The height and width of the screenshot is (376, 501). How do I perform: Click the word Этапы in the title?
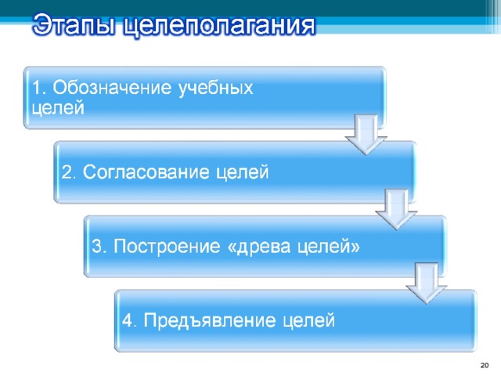[74, 25]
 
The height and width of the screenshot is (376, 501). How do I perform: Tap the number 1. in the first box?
[39, 88]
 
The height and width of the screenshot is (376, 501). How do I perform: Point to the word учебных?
[216, 89]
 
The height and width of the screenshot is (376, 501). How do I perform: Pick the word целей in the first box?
[58, 108]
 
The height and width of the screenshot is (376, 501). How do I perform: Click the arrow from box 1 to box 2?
[366, 135]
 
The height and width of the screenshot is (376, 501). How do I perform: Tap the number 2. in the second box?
[69, 172]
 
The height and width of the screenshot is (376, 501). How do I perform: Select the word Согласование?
[146, 172]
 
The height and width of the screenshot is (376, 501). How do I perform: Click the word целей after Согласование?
[243, 172]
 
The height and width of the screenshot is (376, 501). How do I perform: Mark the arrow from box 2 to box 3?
[397, 209]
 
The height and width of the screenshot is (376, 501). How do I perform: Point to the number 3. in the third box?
[99, 247]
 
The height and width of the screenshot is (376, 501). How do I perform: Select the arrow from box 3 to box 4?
[427, 284]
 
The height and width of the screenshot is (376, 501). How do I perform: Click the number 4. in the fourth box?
[129, 320]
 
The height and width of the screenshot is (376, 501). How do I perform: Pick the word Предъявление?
[210, 320]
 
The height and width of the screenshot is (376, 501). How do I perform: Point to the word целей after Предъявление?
[308, 320]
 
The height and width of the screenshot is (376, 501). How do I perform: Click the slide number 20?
[485, 365]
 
